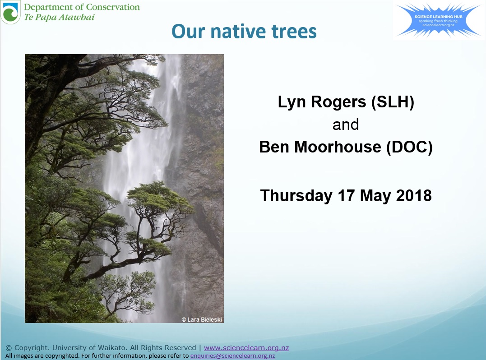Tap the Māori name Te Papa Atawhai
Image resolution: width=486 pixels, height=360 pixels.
pyautogui.click(x=59, y=18)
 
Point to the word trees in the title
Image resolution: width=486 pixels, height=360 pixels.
pyautogui.click(x=295, y=31)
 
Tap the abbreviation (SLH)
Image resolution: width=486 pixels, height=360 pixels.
pyautogui.click(x=393, y=102)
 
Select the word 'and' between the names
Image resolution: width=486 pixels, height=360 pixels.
pyautogui.click(x=346, y=125)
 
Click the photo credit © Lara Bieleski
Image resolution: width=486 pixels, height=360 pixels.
pyautogui.click(x=202, y=319)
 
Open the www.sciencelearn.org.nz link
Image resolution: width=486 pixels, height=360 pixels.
pyautogui.click(x=246, y=348)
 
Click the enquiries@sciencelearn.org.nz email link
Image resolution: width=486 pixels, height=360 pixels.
pyautogui.click(x=232, y=355)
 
